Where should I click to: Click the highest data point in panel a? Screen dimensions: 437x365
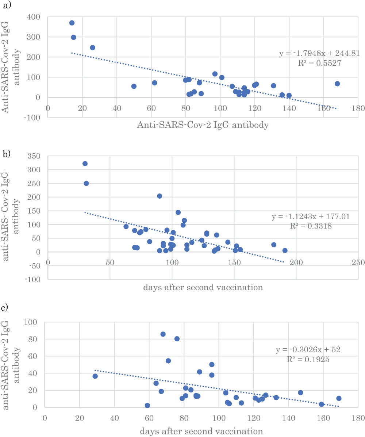72,23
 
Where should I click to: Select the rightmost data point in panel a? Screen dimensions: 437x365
337,84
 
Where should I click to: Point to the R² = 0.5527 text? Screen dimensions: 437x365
320,63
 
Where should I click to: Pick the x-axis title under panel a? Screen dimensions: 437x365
203,125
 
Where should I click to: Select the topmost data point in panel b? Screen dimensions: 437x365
85,164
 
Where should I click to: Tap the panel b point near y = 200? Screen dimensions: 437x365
160,196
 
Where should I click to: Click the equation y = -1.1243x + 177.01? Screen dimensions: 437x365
311,217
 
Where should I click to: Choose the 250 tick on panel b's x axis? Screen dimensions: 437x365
358,262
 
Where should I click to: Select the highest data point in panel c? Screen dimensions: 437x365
163,334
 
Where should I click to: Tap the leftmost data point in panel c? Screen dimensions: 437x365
95,376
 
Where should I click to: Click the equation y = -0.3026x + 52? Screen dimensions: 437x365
313,350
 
